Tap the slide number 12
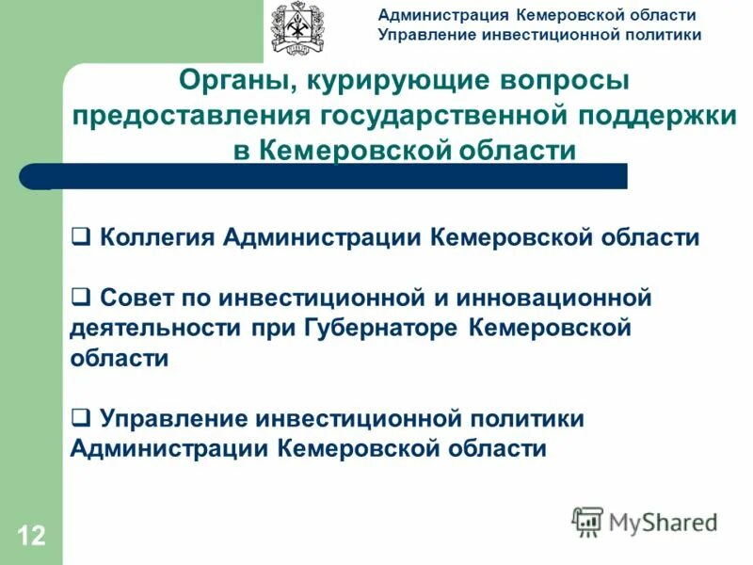[30, 537]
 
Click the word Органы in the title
[230, 82]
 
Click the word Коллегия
[157, 236]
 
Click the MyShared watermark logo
[645, 521]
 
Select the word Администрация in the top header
[443, 15]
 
